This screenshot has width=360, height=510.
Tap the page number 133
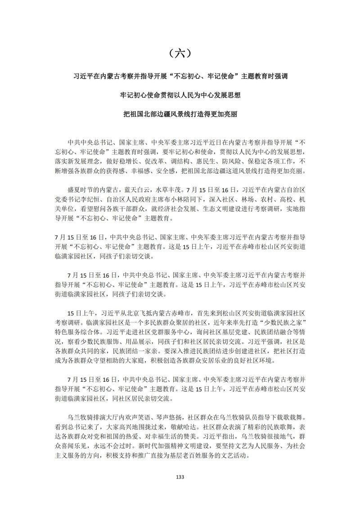point(180,477)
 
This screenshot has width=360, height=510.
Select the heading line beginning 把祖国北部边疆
point(180,114)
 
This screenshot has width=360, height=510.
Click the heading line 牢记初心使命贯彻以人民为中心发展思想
point(180,95)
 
